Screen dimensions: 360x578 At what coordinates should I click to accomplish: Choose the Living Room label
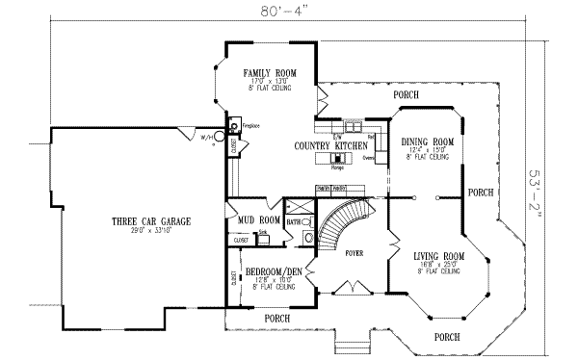tap(439, 256)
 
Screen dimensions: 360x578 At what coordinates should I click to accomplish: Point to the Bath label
tap(294, 221)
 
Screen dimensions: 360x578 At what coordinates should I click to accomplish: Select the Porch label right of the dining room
tap(480, 193)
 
